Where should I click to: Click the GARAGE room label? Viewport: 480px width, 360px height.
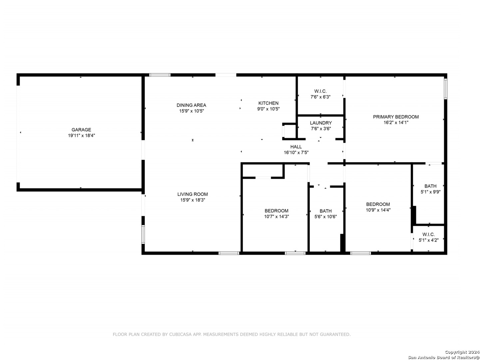click(x=81, y=130)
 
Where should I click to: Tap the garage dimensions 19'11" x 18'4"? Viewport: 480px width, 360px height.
click(x=81, y=135)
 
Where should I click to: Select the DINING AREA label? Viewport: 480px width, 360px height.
click(x=191, y=105)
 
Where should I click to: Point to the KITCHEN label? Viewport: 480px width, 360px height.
click(x=268, y=103)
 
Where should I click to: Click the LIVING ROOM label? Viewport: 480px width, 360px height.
click(x=193, y=194)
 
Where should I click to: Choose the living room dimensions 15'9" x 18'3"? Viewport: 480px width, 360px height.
click(x=193, y=200)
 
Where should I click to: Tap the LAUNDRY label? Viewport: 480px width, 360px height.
click(x=320, y=123)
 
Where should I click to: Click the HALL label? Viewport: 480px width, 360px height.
click(x=296, y=147)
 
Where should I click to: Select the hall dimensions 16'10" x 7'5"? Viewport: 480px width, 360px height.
click(x=296, y=152)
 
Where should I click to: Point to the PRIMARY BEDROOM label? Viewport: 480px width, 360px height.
click(x=396, y=117)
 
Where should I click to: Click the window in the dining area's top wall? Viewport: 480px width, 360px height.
click(x=160, y=75)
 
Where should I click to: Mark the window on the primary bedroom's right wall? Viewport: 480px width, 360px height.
click(x=445, y=89)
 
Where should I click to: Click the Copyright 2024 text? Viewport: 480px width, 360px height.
click(x=462, y=352)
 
